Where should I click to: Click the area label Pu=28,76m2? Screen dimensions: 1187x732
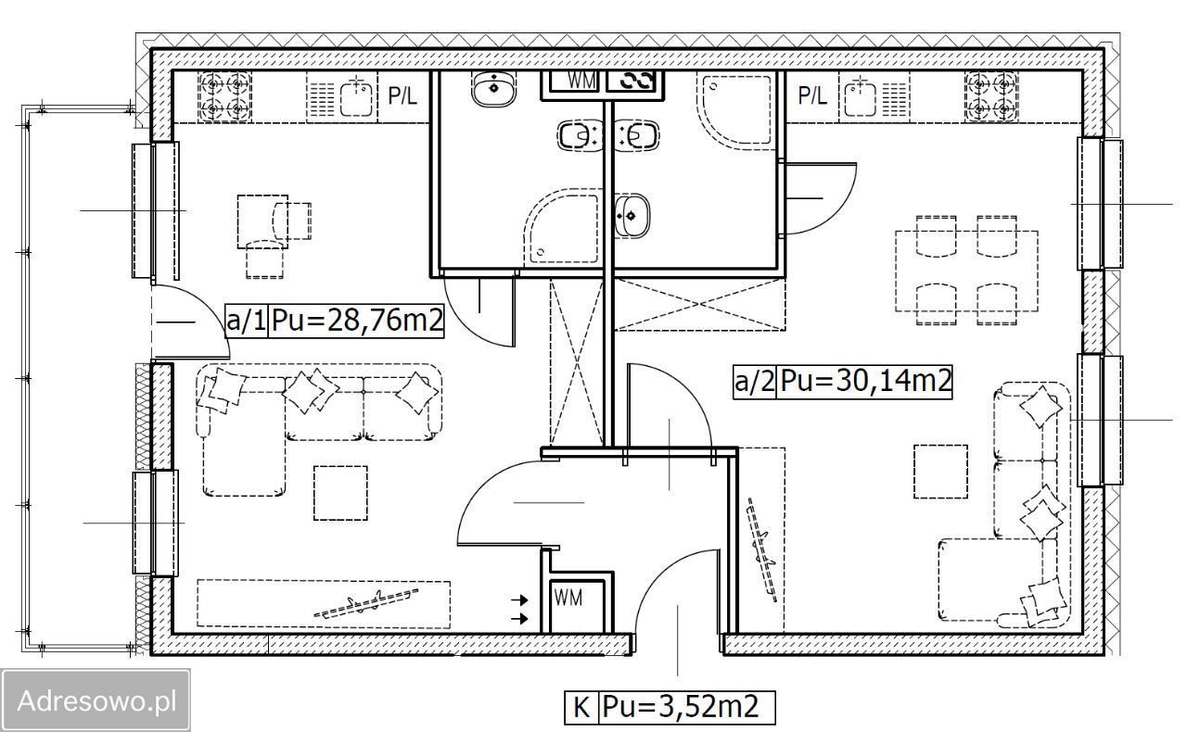point(357,320)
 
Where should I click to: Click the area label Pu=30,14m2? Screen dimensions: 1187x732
point(865,381)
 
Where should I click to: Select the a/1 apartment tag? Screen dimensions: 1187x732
point(247,320)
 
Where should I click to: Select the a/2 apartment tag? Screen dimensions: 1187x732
point(755,382)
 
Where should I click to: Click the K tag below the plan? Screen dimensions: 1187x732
point(581,707)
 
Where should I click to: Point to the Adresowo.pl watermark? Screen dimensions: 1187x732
point(96,700)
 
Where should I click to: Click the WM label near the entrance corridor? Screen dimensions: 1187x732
point(568,598)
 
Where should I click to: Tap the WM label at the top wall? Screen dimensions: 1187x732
point(581,81)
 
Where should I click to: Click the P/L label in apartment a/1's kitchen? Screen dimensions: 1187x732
point(402,95)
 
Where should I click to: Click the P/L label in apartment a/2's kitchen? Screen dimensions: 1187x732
point(811,95)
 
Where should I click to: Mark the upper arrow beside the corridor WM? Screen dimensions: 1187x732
point(520,600)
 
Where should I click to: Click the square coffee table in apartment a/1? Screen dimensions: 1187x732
point(340,493)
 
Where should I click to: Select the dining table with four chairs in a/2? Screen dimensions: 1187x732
point(966,271)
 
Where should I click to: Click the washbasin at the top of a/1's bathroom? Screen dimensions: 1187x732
point(493,88)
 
